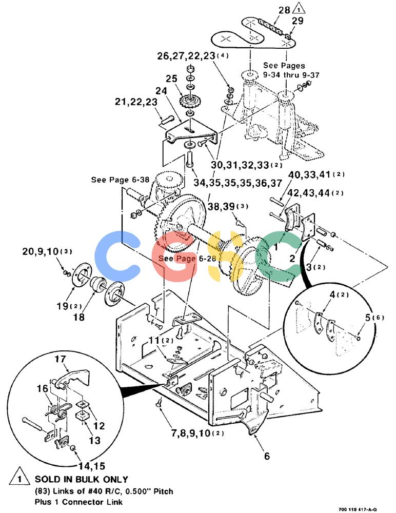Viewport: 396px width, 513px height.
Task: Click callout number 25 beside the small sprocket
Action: point(171,79)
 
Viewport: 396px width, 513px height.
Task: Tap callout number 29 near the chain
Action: point(298,21)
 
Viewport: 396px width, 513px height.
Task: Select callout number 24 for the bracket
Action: point(161,91)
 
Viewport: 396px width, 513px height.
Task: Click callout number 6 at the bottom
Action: point(267,456)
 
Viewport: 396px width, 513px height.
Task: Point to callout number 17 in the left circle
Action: point(60,359)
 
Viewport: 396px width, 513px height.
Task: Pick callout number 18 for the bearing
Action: point(79,317)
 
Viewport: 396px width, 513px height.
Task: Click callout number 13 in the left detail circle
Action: point(94,440)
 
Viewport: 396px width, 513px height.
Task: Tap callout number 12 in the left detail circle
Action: point(99,426)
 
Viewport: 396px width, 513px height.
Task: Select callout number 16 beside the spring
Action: point(43,389)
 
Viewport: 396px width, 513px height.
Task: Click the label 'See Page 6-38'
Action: point(120,180)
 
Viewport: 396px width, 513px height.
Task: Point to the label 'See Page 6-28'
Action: point(187,259)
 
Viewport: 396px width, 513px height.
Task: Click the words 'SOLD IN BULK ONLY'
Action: point(82,479)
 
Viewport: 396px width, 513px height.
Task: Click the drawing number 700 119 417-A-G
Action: point(358,509)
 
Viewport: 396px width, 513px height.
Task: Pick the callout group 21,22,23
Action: point(136,102)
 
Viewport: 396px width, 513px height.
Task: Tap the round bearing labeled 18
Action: point(97,284)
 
